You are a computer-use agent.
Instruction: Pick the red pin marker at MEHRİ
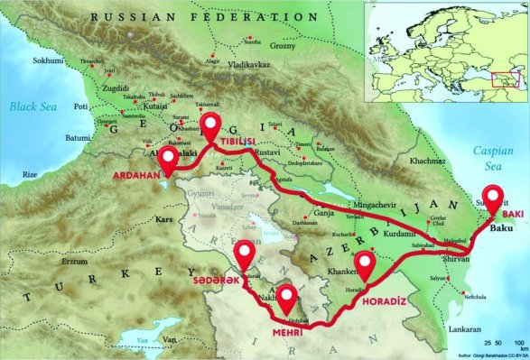(288, 300)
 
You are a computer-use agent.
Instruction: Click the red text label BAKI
(512, 215)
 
